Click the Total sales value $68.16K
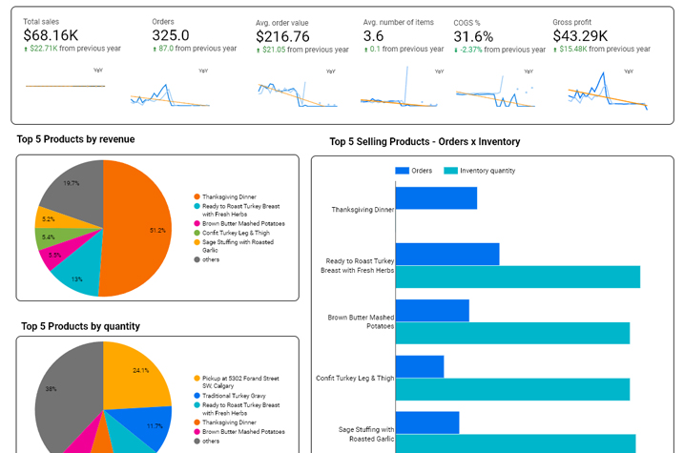tap(51, 35)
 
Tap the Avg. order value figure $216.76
tap(283, 36)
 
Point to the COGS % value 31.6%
tap(473, 35)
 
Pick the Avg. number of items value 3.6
tap(373, 35)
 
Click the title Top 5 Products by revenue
tap(75, 139)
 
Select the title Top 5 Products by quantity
tap(80, 326)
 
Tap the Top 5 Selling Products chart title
tap(425, 141)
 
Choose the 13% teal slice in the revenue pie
tap(78, 272)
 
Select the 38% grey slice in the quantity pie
tap(62, 391)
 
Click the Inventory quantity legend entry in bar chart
tap(481, 171)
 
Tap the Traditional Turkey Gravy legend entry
tap(229, 395)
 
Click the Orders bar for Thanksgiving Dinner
tap(436, 197)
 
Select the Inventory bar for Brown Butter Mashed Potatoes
tap(512, 333)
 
